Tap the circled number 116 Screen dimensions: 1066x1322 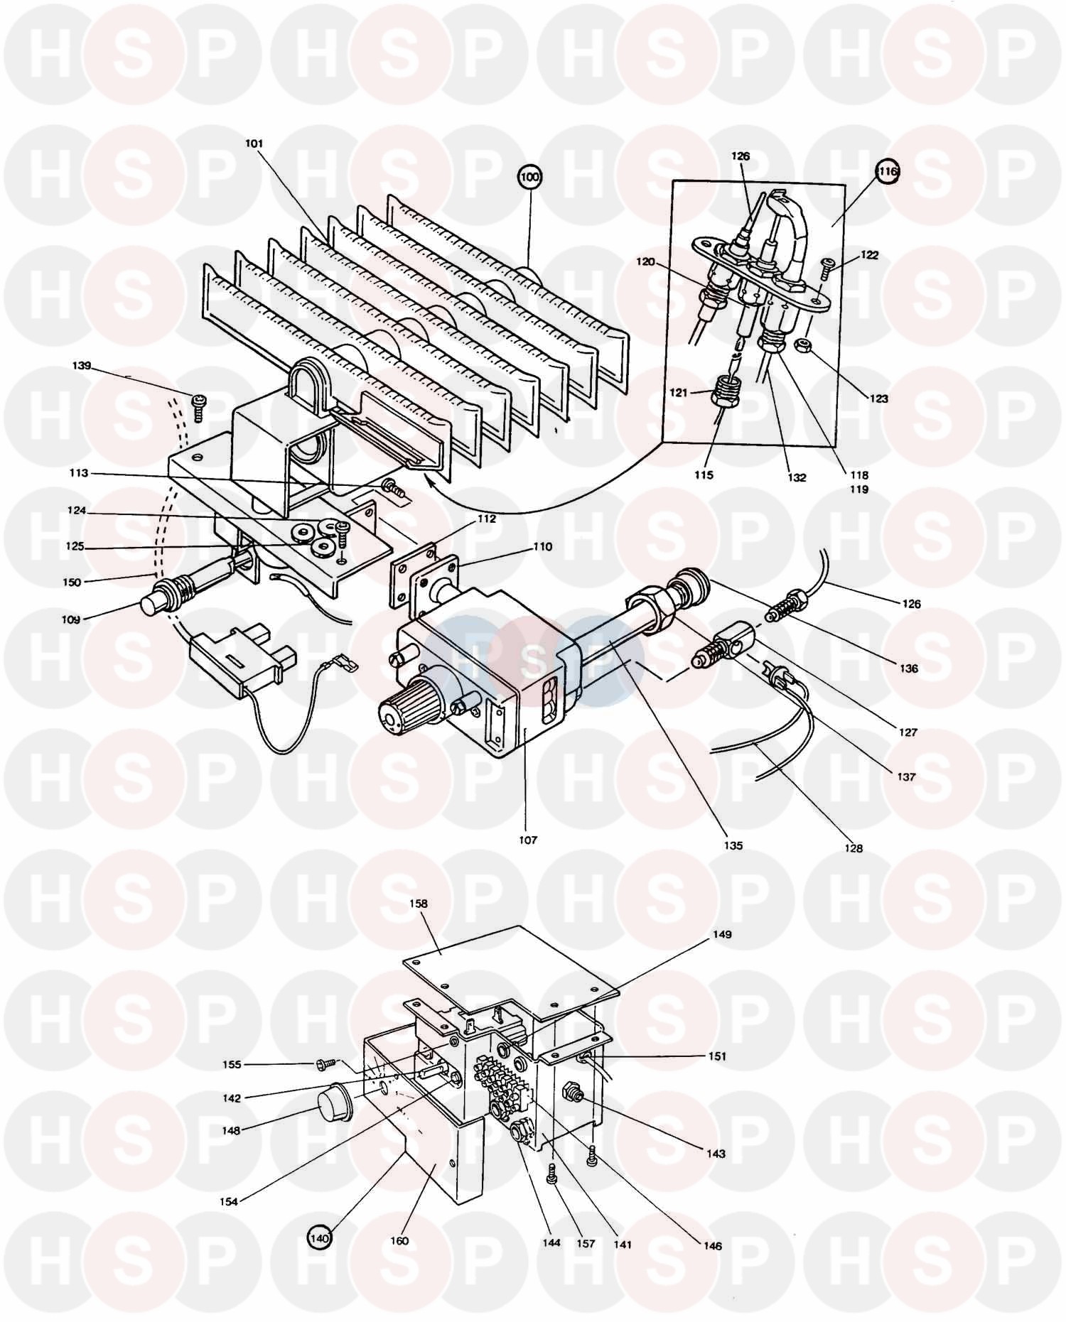(x=888, y=171)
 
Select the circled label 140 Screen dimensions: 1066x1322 (x=320, y=1239)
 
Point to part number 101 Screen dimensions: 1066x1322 (x=254, y=143)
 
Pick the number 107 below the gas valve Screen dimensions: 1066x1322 (x=528, y=840)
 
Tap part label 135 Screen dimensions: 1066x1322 (x=733, y=845)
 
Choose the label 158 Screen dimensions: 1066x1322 (x=419, y=904)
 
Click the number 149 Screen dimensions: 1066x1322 (x=721, y=934)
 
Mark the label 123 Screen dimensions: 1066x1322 (x=879, y=399)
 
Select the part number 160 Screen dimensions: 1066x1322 (x=399, y=1241)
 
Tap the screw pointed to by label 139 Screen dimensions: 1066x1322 (x=198, y=409)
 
